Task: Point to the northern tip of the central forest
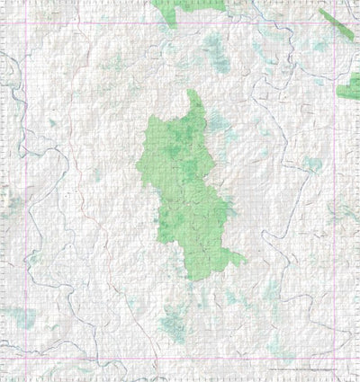(191, 93)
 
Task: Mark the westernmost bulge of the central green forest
(139, 171)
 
